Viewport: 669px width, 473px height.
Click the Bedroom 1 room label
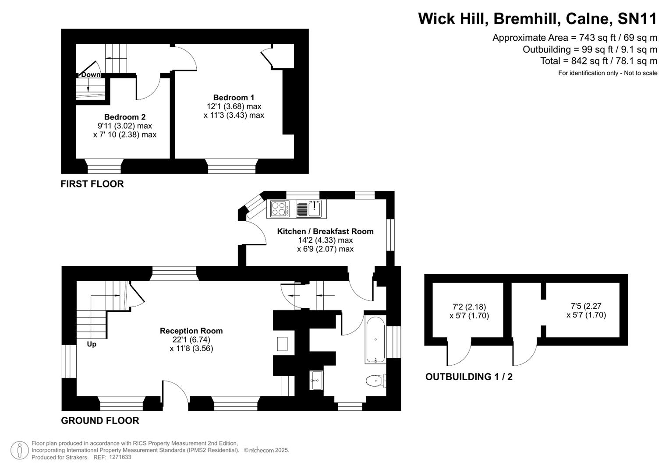pyautogui.click(x=234, y=98)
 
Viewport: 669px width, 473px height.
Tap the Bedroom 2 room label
pyautogui.click(x=125, y=117)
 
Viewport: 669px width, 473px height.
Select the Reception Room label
pyautogui.click(x=191, y=331)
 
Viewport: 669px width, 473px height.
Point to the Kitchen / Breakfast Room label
pyautogui.click(x=325, y=231)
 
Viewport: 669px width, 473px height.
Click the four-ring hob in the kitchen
pyautogui.click(x=280, y=208)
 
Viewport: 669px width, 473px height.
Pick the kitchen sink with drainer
pyautogui.click(x=309, y=208)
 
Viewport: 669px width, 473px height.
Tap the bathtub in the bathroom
pyautogui.click(x=376, y=339)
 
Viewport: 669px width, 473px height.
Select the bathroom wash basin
pyautogui.click(x=316, y=381)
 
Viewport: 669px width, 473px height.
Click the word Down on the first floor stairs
pyautogui.click(x=90, y=75)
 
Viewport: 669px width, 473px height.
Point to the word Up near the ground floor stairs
pyautogui.click(x=92, y=344)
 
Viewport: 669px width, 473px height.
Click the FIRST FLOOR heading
pyautogui.click(x=92, y=184)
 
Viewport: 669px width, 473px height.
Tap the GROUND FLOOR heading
pyautogui.click(x=100, y=421)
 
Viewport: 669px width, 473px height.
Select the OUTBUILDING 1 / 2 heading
pyautogui.click(x=469, y=377)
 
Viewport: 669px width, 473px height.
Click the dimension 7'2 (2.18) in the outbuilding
pyautogui.click(x=469, y=307)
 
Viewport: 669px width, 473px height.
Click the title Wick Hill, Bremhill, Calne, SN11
pyautogui.click(x=538, y=19)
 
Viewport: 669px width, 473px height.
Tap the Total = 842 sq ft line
pyautogui.click(x=598, y=61)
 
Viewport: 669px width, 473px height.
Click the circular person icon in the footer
pyautogui.click(x=19, y=451)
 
